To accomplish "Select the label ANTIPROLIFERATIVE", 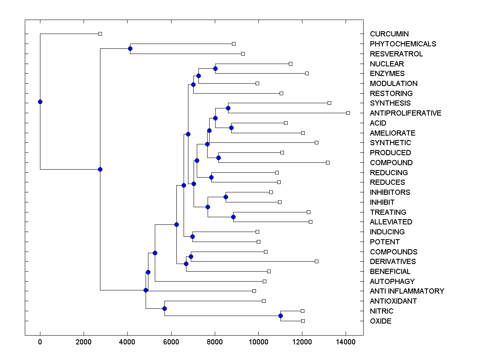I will click(406, 113).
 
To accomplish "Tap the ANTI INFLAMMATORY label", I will click(407, 291).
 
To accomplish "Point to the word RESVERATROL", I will click(396, 54).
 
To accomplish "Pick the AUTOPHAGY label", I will click(392, 282).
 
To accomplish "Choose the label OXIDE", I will click(380, 321).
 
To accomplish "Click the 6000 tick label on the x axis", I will click(171, 342).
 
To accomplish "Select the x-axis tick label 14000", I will click(346, 342).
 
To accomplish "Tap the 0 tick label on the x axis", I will click(40, 342).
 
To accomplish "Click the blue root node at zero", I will click(40, 102).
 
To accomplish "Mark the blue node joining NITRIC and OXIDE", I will click(280, 316).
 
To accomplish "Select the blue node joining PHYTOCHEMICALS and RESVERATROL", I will click(130, 49).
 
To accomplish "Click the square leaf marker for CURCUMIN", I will click(100, 34).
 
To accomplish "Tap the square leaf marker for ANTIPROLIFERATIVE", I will click(348, 113).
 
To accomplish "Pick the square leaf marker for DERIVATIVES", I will click(316, 261).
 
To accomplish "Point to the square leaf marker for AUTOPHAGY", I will click(264, 281).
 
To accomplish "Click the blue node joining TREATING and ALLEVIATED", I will click(234, 217).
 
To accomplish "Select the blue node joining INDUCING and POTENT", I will click(192, 236).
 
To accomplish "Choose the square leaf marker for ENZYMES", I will click(307, 73).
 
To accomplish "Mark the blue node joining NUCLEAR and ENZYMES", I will click(215, 69).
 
